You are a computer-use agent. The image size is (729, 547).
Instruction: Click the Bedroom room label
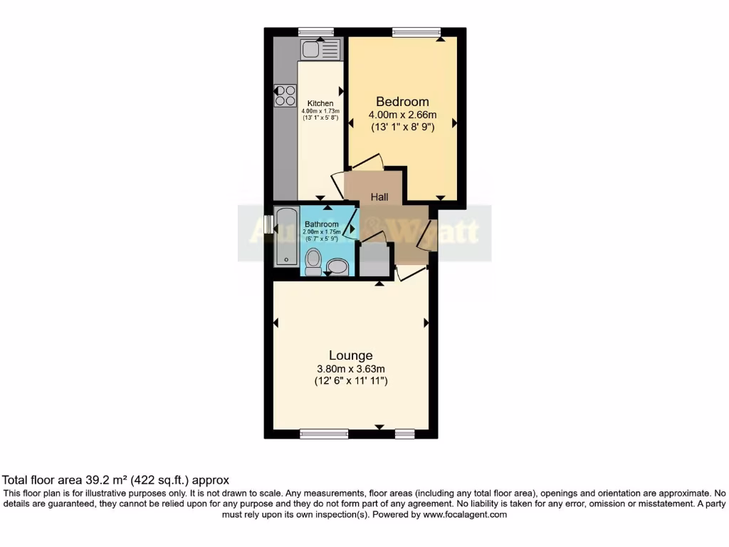point(402,101)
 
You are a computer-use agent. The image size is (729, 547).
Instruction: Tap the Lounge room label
point(350,355)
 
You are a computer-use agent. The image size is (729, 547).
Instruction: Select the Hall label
point(379,197)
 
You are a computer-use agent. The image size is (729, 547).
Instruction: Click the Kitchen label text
point(320,104)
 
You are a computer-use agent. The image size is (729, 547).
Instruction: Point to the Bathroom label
point(321,224)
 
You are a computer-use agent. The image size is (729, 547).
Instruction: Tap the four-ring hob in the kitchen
point(285,95)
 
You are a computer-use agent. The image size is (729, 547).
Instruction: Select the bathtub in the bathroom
point(285,236)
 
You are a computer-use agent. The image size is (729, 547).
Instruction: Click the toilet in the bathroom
point(313,262)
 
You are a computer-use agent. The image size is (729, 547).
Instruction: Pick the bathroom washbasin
point(337,267)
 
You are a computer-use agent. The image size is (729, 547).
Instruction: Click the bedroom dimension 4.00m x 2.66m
point(402,115)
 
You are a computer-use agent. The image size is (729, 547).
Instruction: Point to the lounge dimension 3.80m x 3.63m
point(350,368)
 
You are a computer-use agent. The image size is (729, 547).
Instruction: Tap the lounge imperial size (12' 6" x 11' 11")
point(350,381)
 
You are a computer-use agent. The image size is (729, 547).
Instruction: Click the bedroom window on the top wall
point(416,32)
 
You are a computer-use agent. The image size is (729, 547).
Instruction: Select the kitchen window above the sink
point(316,32)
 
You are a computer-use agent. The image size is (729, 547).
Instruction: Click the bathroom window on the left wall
point(268,224)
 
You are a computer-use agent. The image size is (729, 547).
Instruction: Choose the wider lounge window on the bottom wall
point(324,434)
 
